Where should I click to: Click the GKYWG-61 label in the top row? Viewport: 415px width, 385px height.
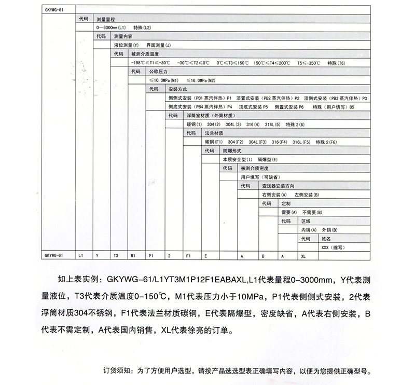click(54, 9)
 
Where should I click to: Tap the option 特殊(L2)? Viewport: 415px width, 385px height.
click(143, 26)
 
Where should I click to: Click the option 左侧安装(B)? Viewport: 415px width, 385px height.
click(306, 194)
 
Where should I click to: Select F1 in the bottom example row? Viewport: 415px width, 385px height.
click(189, 256)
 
